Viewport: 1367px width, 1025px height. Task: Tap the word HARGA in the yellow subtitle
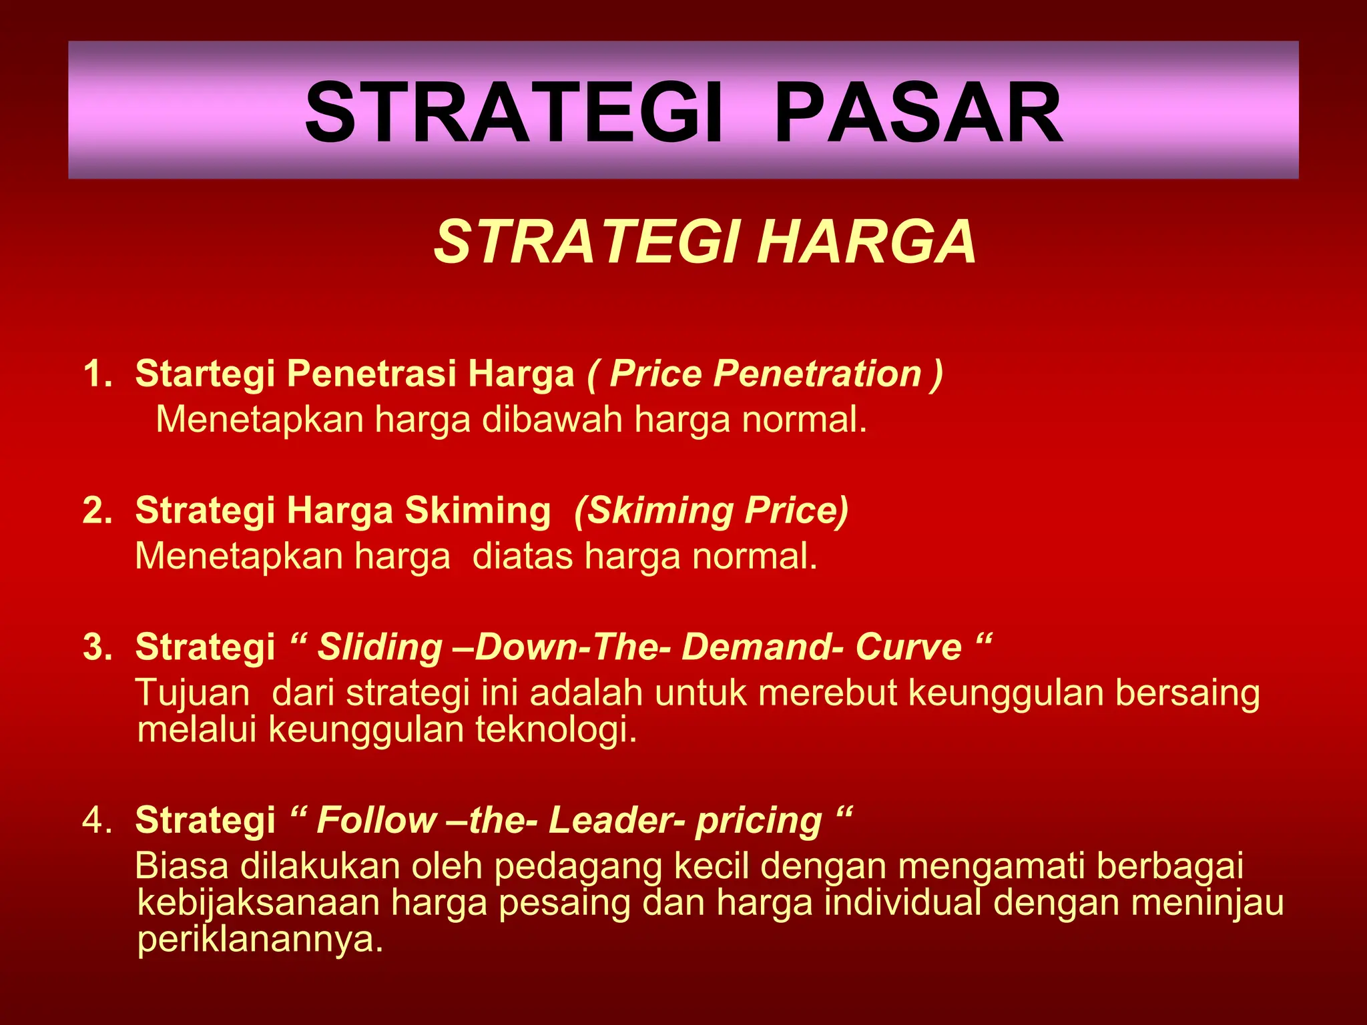click(x=866, y=242)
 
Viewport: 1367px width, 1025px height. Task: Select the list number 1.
click(x=97, y=374)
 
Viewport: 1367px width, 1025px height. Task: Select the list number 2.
click(x=97, y=510)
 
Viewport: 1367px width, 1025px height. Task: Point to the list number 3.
click(x=97, y=647)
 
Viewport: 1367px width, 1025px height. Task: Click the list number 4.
click(x=97, y=820)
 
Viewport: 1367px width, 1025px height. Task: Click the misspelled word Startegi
click(x=205, y=374)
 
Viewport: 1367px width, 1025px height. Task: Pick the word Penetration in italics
click(x=818, y=374)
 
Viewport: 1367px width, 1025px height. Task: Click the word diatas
click(x=523, y=556)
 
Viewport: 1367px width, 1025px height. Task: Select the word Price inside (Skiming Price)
click(x=796, y=510)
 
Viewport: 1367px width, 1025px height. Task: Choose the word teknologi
click(x=556, y=729)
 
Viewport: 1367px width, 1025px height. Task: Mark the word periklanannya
click(x=260, y=940)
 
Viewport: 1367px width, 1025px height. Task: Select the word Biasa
click(x=182, y=866)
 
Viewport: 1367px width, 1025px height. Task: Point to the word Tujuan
click(x=193, y=693)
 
